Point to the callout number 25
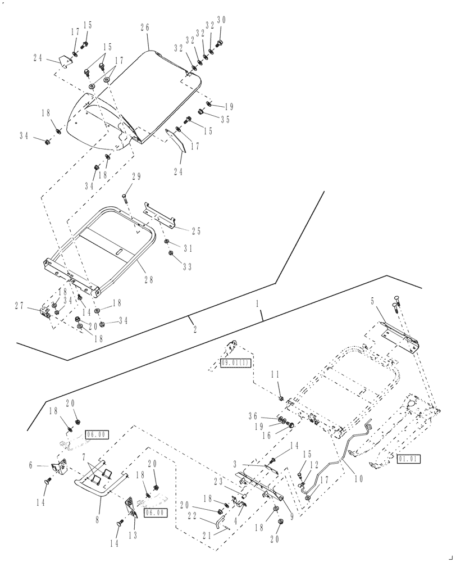pyautogui.click(x=195, y=230)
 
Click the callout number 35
pyautogui.click(x=225, y=119)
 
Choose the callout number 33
pyautogui.click(x=187, y=267)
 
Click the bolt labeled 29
pyautogui.click(x=125, y=198)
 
